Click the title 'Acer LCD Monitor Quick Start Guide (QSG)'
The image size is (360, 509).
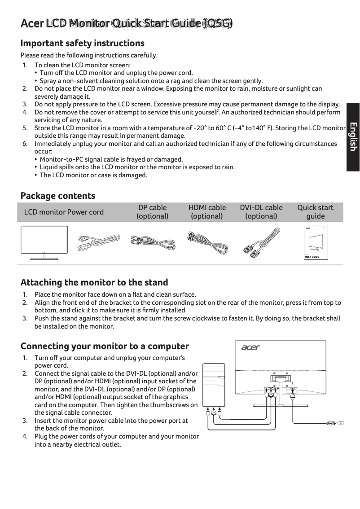(x=127, y=23)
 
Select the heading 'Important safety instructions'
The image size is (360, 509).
(x=83, y=43)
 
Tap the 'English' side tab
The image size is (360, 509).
(x=353, y=137)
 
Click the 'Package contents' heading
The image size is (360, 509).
(x=58, y=196)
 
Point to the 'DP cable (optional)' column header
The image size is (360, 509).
(x=152, y=212)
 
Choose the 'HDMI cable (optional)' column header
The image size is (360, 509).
(x=207, y=212)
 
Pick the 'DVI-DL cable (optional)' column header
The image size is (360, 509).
(x=261, y=212)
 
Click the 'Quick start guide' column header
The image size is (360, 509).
(x=315, y=212)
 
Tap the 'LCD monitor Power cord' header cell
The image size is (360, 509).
(x=64, y=212)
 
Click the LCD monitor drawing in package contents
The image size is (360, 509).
(x=44, y=243)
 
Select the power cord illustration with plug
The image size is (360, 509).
(x=97, y=244)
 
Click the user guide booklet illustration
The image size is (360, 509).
(x=316, y=243)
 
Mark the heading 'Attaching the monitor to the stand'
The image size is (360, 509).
(x=94, y=282)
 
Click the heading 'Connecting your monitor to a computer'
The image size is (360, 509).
(x=105, y=346)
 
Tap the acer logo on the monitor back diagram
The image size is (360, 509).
(x=250, y=347)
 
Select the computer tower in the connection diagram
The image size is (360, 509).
(x=214, y=384)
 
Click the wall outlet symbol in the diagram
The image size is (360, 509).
(x=340, y=422)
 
